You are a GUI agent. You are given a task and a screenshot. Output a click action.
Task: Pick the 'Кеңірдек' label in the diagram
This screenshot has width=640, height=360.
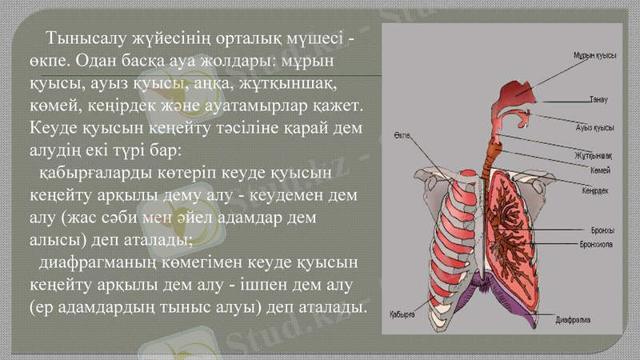(x=595, y=190)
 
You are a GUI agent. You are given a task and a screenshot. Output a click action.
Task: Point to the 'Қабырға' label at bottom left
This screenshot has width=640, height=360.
(x=402, y=314)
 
